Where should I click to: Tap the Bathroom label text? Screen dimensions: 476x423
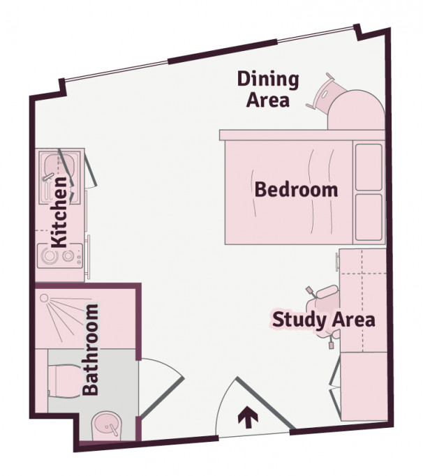coord(91,349)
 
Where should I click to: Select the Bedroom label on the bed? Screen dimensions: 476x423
coord(296,189)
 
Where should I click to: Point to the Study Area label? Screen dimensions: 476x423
coord(323,320)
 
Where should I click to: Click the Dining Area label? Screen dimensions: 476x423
coord(268,89)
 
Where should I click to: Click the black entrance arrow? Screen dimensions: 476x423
coord(245,417)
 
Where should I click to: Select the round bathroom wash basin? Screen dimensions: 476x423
coord(107,424)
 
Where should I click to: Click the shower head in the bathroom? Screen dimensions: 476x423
coord(45,299)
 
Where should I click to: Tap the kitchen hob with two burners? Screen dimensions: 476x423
coord(57,256)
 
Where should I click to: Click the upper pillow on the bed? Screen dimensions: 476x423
coord(369,165)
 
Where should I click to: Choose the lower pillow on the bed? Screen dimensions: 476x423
coord(369,216)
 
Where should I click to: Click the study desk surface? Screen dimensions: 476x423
coord(363,300)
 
